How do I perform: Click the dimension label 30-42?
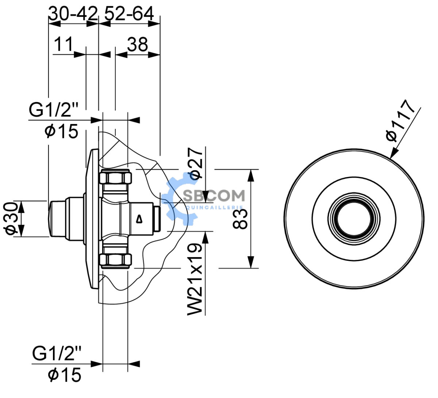tap(73, 13)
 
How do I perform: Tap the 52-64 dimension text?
tap(129, 13)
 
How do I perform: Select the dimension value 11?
tap(63, 44)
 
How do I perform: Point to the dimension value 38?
tap(138, 44)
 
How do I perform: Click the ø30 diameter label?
tap(10, 219)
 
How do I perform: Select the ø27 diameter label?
tap(195, 163)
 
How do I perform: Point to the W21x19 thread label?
tap(195, 279)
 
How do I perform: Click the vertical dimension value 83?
tap(240, 219)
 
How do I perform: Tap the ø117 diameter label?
tap(400, 120)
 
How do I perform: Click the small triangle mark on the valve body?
tap(139, 219)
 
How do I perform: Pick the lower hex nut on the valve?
tap(115, 260)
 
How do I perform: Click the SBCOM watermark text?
tap(214, 196)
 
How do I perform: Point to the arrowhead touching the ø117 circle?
tap(394, 152)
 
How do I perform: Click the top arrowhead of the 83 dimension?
tap(251, 176)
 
